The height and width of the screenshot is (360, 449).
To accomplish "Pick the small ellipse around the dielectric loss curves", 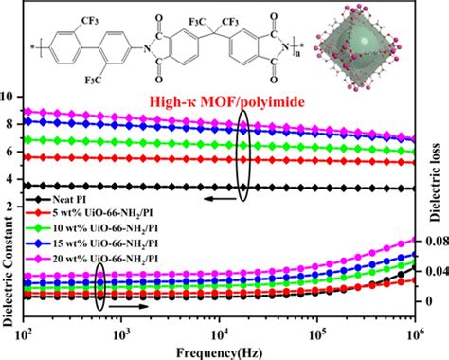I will pyautogui.click(x=99, y=282).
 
